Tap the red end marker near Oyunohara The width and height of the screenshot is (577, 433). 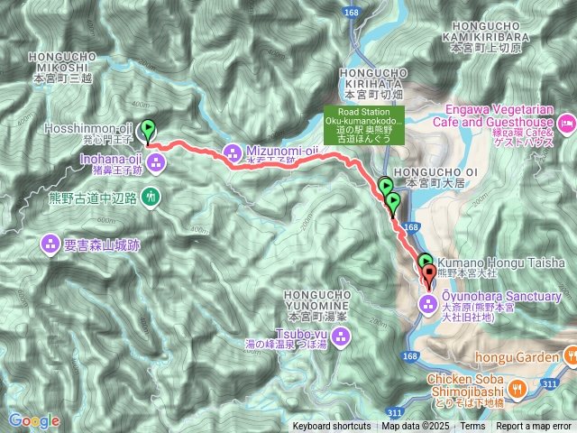click(427, 271)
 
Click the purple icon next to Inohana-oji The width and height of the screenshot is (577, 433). click(157, 163)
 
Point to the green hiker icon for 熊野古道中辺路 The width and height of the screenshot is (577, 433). click(152, 195)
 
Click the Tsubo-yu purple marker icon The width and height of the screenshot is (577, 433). click(341, 337)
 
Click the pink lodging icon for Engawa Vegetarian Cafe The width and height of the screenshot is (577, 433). click(567, 122)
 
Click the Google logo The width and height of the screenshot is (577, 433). click(34, 420)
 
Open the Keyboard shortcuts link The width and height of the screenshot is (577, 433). click(331, 426)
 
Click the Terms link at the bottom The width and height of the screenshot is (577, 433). click(472, 426)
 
